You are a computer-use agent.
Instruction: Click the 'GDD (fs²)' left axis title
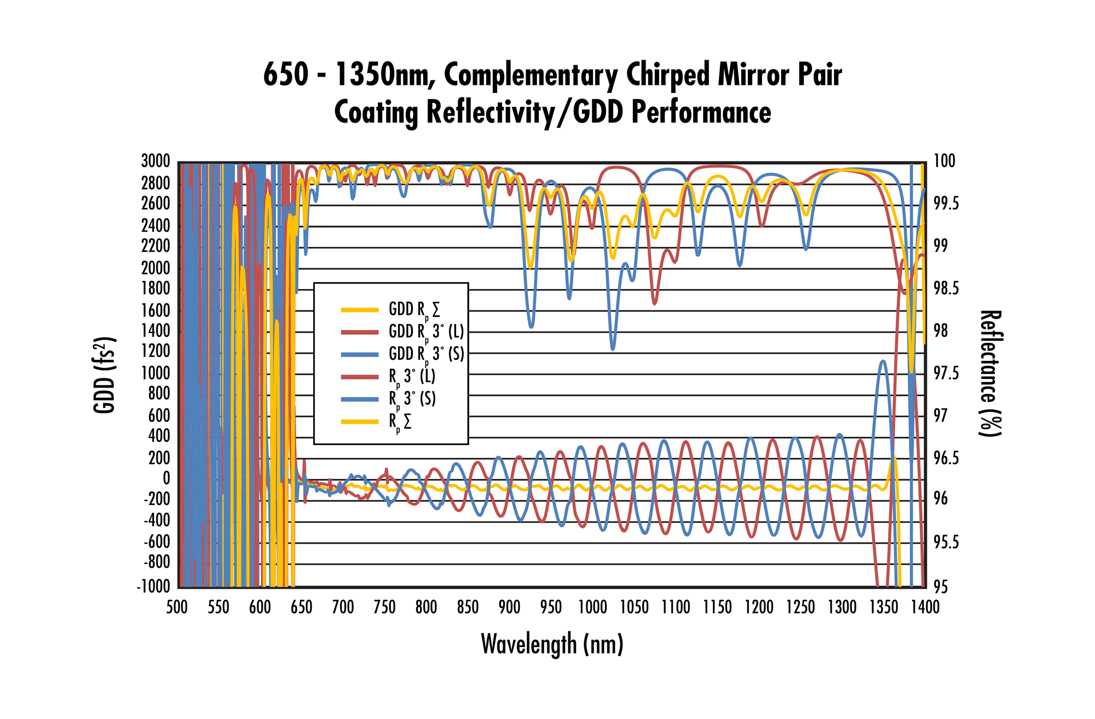coord(104,375)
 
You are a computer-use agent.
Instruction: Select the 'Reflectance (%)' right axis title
coord(990,373)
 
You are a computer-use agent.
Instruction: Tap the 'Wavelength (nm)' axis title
coord(552,644)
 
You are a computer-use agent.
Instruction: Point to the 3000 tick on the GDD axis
coord(155,162)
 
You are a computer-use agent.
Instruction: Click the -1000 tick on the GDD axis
coord(153,586)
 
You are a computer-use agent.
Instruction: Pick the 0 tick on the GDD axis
coord(166,479)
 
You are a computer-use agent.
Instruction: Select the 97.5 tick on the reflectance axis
coord(946,373)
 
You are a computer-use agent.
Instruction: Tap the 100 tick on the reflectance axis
coord(944,162)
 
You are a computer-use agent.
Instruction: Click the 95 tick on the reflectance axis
coord(941,586)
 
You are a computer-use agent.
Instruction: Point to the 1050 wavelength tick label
coord(634,607)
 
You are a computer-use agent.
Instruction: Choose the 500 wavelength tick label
coord(177,607)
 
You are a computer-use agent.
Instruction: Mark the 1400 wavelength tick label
coord(925,607)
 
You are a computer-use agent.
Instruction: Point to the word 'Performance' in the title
coord(701,113)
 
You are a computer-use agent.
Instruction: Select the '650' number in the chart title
coord(285,75)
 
